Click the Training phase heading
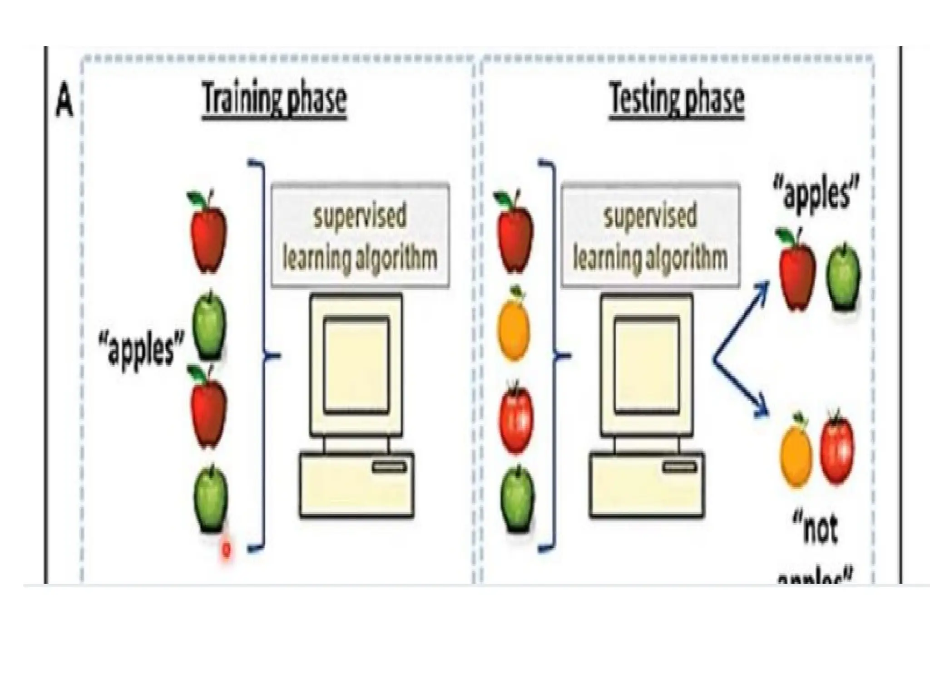[x=274, y=99]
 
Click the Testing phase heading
[x=676, y=99]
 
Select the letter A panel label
[x=64, y=104]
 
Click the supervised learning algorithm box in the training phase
[x=360, y=236]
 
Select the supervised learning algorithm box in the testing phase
[x=650, y=236]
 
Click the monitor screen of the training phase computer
[x=356, y=365]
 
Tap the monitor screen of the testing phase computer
[x=647, y=365]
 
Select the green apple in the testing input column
[x=517, y=499]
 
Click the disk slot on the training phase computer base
[x=389, y=467]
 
